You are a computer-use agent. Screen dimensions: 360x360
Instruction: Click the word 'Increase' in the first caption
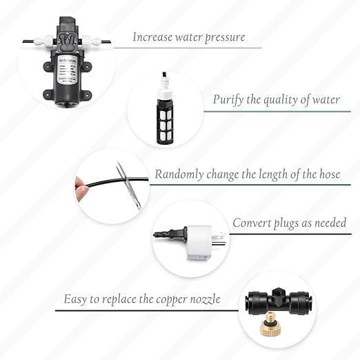(x=153, y=37)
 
